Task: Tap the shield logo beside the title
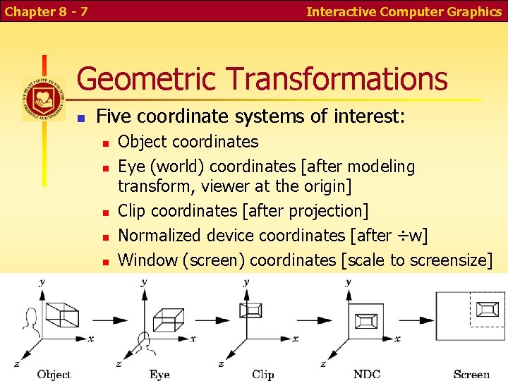pos(44,99)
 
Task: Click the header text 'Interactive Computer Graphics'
pos(404,11)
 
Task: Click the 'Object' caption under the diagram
pos(54,374)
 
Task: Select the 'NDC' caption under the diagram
pos(367,374)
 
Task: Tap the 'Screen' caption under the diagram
pos(471,374)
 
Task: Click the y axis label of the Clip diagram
pos(246,282)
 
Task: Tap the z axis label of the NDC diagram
pos(323,364)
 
